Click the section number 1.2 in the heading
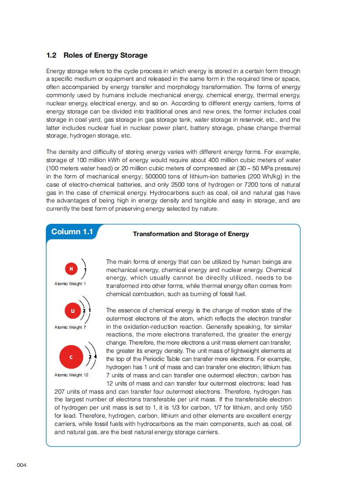pyautogui.click(x=51, y=55)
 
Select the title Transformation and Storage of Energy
pyautogui.click(x=191, y=234)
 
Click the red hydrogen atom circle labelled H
pyautogui.click(x=71, y=269)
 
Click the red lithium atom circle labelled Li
pyautogui.click(x=72, y=311)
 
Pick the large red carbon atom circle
pyautogui.click(x=71, y=357)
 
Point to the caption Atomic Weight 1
pyautogui.click(x=70, y=284)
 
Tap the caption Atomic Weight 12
pyautogui.click(x=71, y=375)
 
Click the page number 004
pyautogui.click(x=22, y=465)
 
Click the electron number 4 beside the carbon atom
pyautogui.click(x=95, y=357)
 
